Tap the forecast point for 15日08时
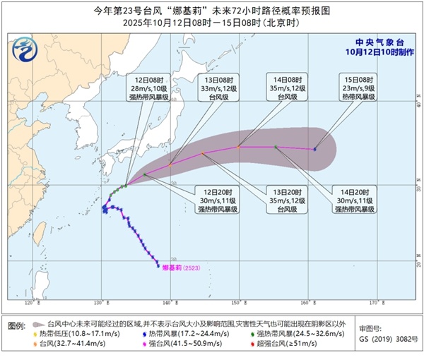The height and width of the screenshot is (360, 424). pos(314,149)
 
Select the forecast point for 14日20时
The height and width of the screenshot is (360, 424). pos(275,147)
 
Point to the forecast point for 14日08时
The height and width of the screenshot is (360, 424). pos(239,147)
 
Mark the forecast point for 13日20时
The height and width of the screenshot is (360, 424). pos(201,153)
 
